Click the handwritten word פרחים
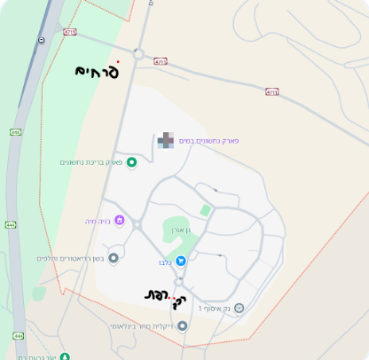97,72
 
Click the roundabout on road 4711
137,54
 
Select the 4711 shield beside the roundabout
160,61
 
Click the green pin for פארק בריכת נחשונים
132,161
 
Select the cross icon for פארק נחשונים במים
166,140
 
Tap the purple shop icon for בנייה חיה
120,220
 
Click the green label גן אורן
183,230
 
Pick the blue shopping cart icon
181,261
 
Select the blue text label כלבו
165,262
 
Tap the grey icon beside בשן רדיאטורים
113,258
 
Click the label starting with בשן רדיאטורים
70,259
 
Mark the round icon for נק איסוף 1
238,308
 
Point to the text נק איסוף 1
213,309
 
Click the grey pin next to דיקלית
183,326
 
